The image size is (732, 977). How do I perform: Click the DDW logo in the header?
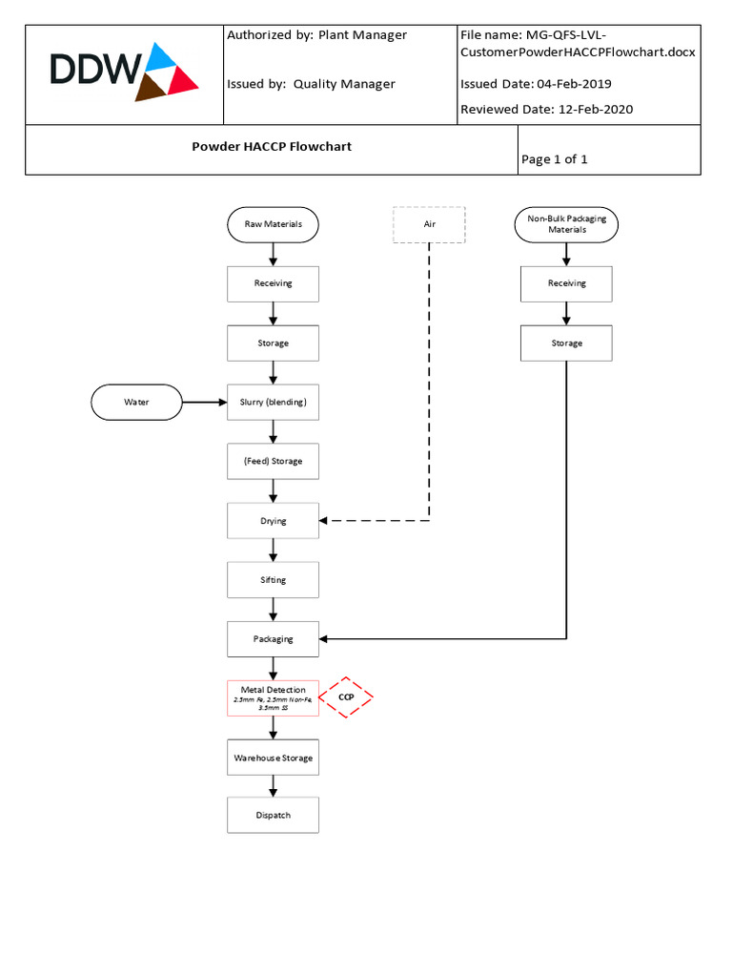pyautogui.click(x=124, y=73)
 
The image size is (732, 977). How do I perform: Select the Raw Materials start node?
pyautogui.click(x=274, y=224)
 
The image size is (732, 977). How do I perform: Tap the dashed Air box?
pyautogui.click(x=429, y=224)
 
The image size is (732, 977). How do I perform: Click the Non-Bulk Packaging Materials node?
pyautogui.click(x=566, y=224)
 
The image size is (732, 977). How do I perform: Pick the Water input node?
pyautogui.click(x=136, y=402)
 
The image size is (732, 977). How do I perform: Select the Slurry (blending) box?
pyautogui.click(x=274, y=402)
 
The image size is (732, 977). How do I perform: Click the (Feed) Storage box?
pyautogui.click(x=274, y=461)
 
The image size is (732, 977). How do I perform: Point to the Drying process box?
pyautogui.click(x=274, y=521)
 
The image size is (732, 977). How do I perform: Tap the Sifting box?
pyautogui.click(x=274, y=580)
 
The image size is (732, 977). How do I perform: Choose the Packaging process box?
pyautogui.click(x=274, y=639)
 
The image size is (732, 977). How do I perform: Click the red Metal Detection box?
pyautogui.click(x=274, y=698)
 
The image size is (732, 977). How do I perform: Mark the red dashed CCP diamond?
pyautogui.click(x=346, y=697)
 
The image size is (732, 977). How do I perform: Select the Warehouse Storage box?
pyautogui.click(x=274, y=758)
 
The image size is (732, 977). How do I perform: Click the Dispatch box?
pyautogui.click(x=274, y=816)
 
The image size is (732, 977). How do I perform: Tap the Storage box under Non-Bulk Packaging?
pyautogui.click(x=566, y=343)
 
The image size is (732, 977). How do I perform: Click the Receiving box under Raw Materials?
pyautogui.click(x=274, y=283)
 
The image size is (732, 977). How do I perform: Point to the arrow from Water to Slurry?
pyautogui.click(x=204, y=402)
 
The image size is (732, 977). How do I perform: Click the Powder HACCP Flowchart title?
pyautogui.click(x=272, y=147)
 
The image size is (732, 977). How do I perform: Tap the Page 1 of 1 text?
pyautogui.click(x=555, y=159)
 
